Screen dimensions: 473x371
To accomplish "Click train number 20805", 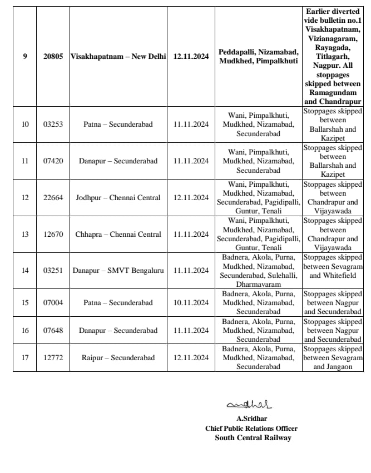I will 53,57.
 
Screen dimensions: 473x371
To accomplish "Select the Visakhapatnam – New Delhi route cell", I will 118,57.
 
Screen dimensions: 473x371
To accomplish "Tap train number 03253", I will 53,125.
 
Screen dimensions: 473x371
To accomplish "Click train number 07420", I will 53,161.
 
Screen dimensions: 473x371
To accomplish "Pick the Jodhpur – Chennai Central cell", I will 118,198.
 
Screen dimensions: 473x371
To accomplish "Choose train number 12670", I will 53,235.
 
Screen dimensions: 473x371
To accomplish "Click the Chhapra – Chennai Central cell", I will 118,235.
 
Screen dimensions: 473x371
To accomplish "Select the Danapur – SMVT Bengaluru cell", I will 118,271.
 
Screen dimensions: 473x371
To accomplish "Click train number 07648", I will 53,331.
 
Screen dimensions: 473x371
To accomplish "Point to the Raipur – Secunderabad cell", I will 118,358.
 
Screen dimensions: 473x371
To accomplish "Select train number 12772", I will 53,358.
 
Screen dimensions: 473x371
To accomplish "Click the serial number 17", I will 25,358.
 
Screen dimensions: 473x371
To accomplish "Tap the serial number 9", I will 25,57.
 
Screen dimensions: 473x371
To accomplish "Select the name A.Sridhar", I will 249,419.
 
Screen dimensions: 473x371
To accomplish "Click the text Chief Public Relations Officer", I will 251,428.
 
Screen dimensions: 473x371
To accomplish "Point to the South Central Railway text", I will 253,437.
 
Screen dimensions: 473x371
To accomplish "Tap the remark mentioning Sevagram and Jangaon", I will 333,358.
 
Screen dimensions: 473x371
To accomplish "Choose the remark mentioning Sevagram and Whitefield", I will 333,271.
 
